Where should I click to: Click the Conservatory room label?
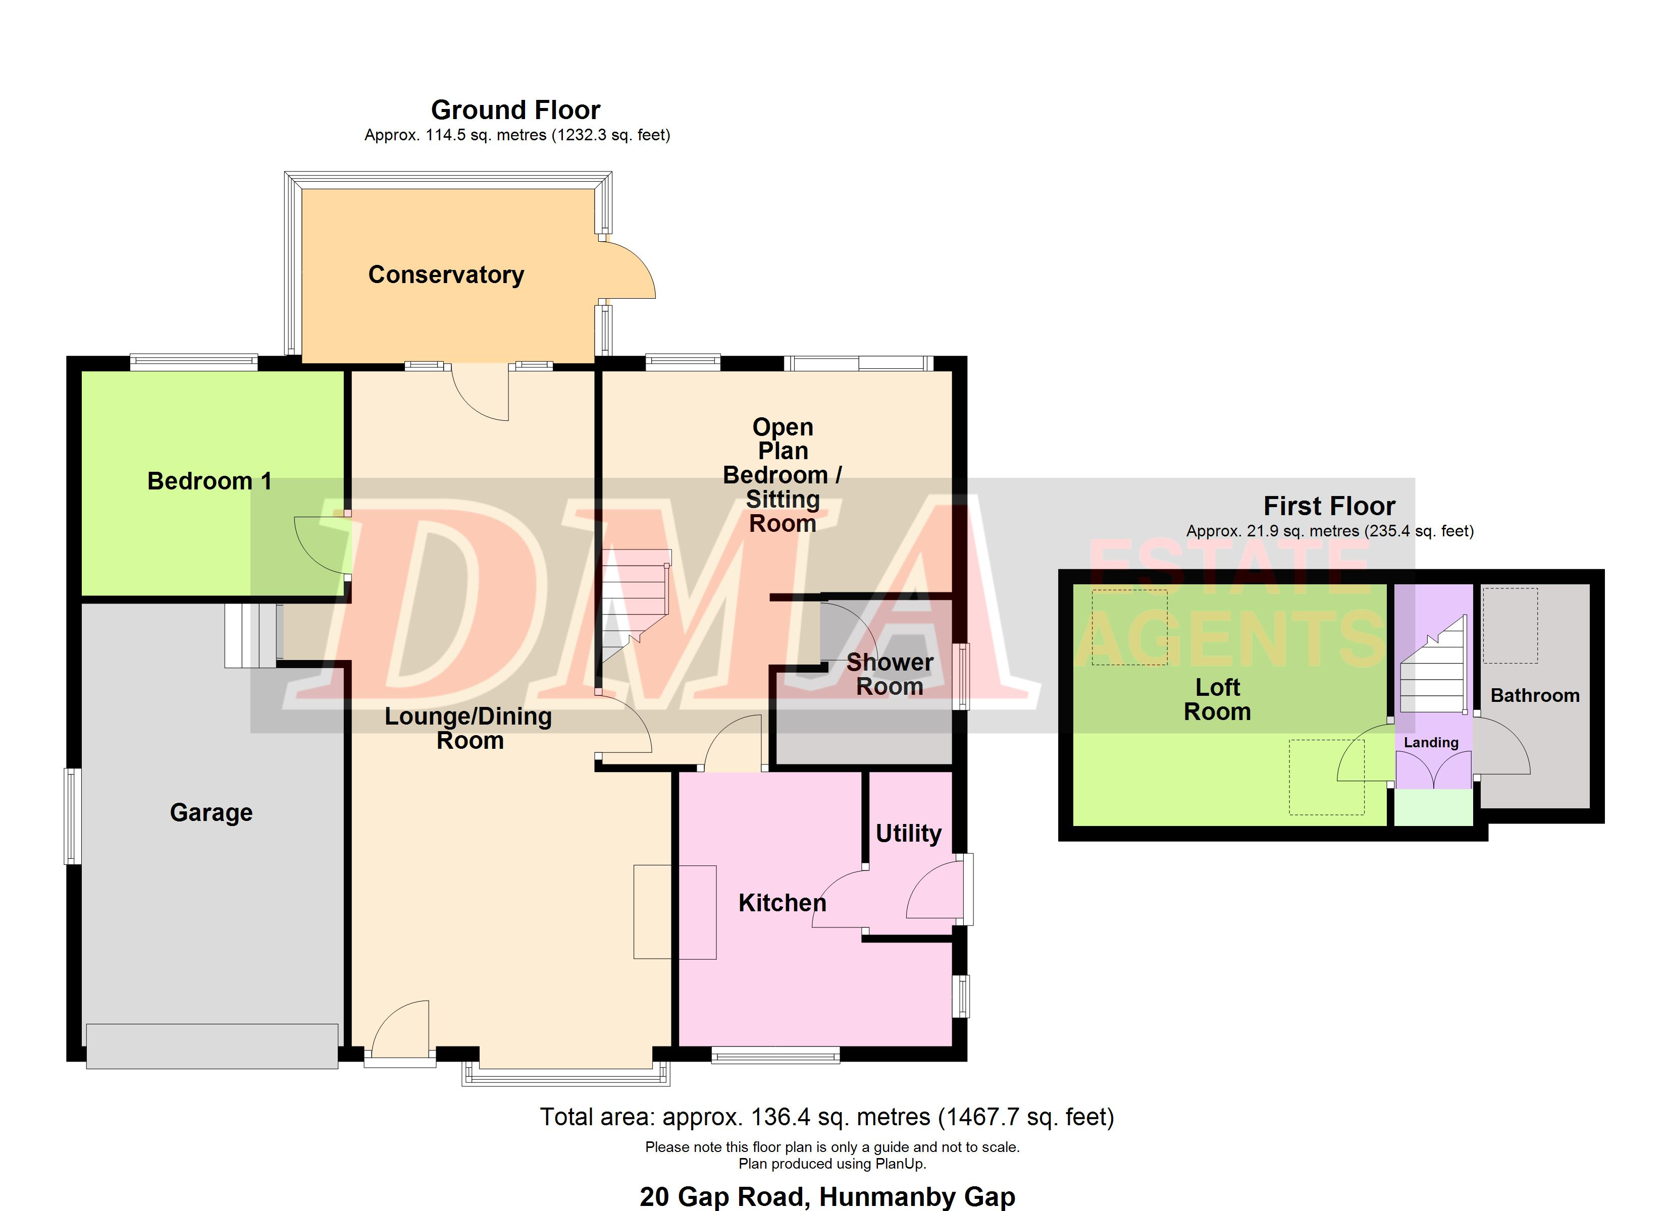click(x=446, y=274)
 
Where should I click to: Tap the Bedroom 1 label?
click(x=210, y=481)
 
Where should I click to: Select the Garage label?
click(x=212, y=813)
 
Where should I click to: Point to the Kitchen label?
click(x=783, y=903)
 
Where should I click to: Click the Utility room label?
click(x=909, y=834)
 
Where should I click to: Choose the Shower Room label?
click(x=890, y=674)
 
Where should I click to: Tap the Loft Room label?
click(x=1217, y=699)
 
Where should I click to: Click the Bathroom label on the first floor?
click(x=1535, y=695)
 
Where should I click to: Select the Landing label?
click(x=1431, y=742)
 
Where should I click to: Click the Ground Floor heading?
click(x=515, y=110)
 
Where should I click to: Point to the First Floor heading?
click(x=1329, y=506)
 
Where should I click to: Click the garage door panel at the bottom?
click(x=213, y=1046)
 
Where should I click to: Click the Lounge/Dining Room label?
click(x=468, y=728)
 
